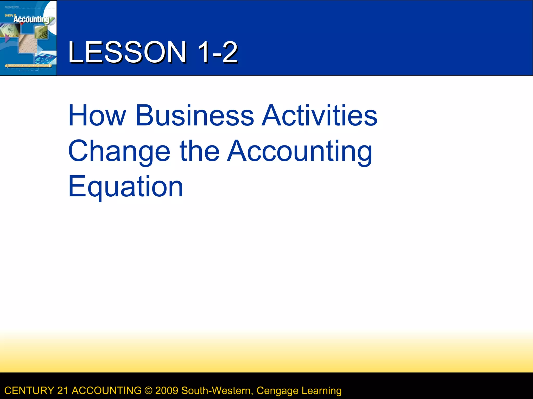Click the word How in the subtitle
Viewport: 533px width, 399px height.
97,115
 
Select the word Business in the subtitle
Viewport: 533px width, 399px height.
195,115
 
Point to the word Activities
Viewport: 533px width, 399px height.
320,115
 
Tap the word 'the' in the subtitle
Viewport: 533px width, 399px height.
199,151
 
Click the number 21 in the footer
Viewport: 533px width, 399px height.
63,391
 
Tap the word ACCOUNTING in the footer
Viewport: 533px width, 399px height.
107,391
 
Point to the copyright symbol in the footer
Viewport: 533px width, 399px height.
148,391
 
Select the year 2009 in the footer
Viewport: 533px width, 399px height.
167,391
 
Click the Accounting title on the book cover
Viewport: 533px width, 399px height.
31,19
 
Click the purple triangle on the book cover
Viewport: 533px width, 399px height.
7,38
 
